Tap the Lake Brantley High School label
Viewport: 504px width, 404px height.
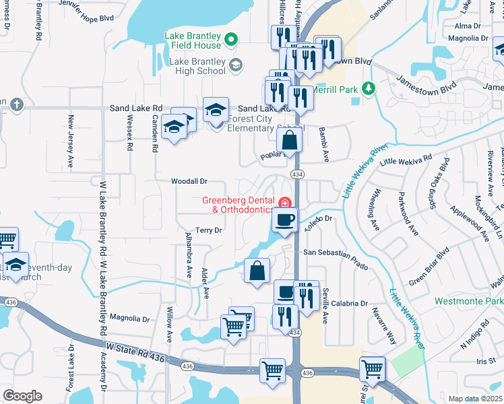[x=192, y=65]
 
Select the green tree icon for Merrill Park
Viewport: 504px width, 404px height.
[x=368, y=88]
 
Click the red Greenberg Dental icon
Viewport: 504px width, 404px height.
[x=285, y=202]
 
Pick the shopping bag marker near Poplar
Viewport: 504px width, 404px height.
[x=290, y=141]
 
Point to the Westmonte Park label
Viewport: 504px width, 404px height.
[x=468, y=301]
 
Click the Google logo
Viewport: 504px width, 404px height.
[x=23, y=395]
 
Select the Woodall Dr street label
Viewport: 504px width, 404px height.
[x=189, y=181]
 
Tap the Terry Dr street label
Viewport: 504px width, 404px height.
[x=209, y=230]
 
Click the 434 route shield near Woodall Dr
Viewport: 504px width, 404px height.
[x=296, y=174]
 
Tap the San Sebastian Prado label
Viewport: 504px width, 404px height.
[x=336, y=259]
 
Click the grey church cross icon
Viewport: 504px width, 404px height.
[x=17, y=104]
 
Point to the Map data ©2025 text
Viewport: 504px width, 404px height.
[x=476, y=399]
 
